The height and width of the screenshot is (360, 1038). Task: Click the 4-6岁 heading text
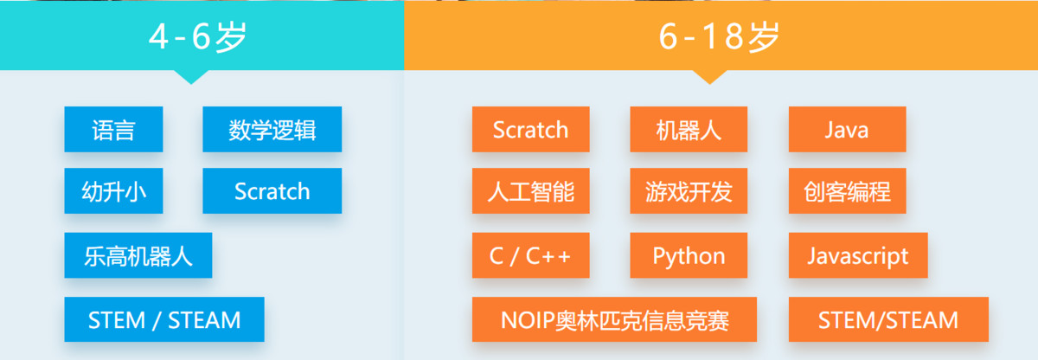click(x=198, y=36)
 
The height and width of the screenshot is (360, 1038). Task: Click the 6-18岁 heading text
click(x=719, y=36)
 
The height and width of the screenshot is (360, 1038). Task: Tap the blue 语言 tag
click(x=113, y=129)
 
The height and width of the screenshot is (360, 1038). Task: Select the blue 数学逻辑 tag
click(x=272, y=129)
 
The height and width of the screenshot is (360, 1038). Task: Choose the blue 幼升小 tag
click(x=113, y=191)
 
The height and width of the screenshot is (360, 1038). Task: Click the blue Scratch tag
click(x=272, y=191)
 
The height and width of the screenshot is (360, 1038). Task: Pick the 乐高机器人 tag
click(x=138, y=255)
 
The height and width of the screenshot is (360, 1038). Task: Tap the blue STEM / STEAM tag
click(x=164, y=319)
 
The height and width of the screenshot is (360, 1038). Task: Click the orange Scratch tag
click(x=530, y=129)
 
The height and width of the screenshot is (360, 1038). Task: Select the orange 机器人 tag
click(x=689, y=129)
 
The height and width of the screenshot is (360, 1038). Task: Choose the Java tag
click(x=847, y=129)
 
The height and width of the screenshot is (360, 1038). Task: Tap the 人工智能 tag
click(x=530, y=191)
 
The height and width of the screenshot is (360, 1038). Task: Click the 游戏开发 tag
click(x=689, y=191)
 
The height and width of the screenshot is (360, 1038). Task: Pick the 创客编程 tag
click(x=847, y=191)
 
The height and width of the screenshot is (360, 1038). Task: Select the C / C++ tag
click(x=530, y=255)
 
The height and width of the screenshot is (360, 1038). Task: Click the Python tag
click(x=689, y=255)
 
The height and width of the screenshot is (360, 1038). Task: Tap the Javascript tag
click(x=858, y=255)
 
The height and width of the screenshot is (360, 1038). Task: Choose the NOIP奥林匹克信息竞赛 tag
click(x=614, y=319)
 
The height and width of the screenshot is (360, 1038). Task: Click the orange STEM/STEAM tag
click(x=888, y=319)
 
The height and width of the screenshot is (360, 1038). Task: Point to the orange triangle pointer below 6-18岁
click(x=709, y=76)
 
